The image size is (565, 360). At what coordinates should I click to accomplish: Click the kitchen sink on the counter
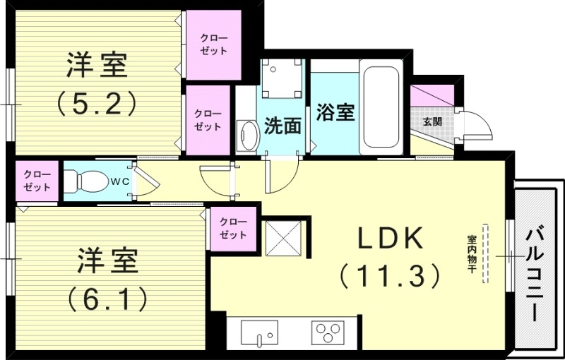pyautogui.click(x=259, y=332)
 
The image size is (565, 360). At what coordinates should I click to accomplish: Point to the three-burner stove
pyautogui.click(x=328, y=332)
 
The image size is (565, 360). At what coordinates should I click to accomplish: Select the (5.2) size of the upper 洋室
pyautogui.click(x=97, y=104)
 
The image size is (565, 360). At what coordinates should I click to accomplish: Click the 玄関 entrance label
pyautogui.click(x=432, y=121)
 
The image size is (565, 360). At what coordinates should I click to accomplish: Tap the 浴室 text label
pyautogui.click(x=335, y=112)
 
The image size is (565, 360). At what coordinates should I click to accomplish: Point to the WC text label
pyautogui.click(x=117, y=181)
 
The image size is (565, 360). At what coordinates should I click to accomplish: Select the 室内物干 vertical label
pyautogui.click(x=471, y=255)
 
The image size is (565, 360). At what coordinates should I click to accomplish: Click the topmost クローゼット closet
pyautogui.click(x=213, y=44)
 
